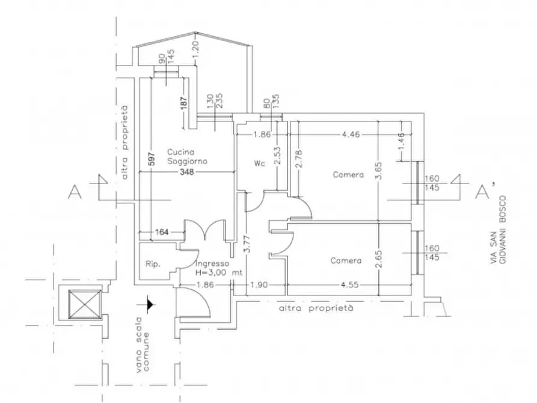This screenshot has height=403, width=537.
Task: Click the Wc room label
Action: pos(260,164)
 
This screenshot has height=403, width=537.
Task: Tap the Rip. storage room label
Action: pos(153,264)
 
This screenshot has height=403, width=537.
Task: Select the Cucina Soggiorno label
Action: pos(187,156)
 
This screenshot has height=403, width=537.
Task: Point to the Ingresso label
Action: pos(212,263)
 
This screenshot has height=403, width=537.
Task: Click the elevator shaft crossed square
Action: pos(85,304)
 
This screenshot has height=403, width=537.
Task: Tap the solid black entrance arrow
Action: pos(150,304)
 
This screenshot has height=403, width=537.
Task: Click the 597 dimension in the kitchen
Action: pos(152,159)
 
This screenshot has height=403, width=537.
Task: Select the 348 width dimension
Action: pos(186,171)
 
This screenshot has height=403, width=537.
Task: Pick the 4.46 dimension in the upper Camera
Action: pos(351,134)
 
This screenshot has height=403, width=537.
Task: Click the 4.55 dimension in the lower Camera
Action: pos(349,285)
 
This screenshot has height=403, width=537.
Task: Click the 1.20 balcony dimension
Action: pos(195,51)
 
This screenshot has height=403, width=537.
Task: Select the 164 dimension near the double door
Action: pos(162,232)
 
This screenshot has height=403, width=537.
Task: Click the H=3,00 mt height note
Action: pos(218,273)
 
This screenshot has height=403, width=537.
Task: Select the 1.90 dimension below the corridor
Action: pos(259,285)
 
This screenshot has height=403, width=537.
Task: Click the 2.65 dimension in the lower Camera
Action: pos(378,259)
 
